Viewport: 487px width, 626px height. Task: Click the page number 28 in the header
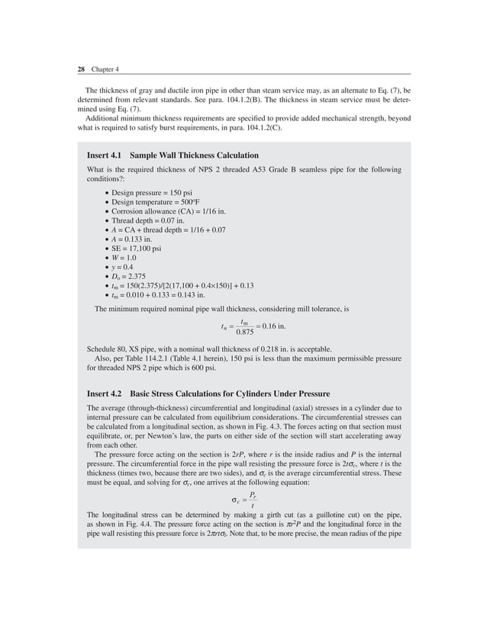coord(81,69)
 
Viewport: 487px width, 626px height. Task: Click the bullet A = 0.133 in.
coord(133,239)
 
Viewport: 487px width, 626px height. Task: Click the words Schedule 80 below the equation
coord(107,348)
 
